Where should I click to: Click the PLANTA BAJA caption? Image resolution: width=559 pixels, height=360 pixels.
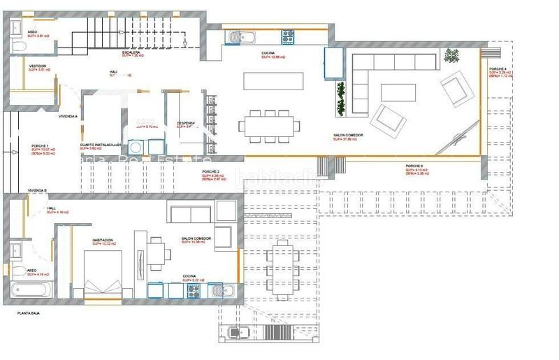[x=29, y=315]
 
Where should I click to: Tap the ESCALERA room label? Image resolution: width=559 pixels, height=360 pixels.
[x=132, y=52]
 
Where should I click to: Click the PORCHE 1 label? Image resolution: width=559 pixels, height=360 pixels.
[x=41, y=146]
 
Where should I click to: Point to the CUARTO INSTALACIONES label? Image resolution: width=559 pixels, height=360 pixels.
[x=101, y=145]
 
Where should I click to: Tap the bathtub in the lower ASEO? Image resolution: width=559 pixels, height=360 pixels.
[x=31, y=289]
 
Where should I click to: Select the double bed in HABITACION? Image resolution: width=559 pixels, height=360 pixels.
[x=103, y=276]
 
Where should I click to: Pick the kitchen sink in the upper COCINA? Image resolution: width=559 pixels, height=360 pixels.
[x=235, y=37]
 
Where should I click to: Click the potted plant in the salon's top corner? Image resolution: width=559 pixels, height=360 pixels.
[x=453, y=54]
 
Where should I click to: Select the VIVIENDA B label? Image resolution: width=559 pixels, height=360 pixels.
[x=37, y=190]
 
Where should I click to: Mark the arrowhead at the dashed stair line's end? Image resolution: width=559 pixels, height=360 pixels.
[x=184, y=45]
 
